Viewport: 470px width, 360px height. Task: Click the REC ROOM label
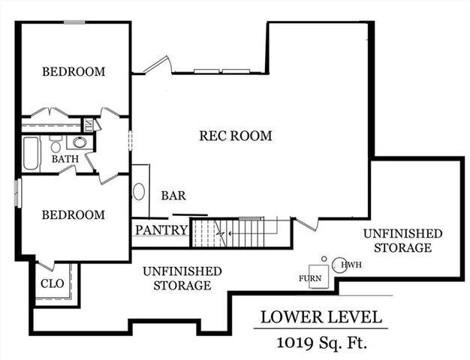235,136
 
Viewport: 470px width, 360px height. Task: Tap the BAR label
173,196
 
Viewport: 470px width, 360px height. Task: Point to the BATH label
65,159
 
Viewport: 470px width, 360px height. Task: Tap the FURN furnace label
310,278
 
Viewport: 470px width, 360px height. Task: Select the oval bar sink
140,191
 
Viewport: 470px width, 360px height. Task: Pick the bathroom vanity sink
80,142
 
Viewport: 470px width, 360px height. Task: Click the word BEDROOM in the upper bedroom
73,72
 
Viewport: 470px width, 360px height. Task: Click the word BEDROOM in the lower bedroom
73,214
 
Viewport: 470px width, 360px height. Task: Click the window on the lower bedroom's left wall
17,192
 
